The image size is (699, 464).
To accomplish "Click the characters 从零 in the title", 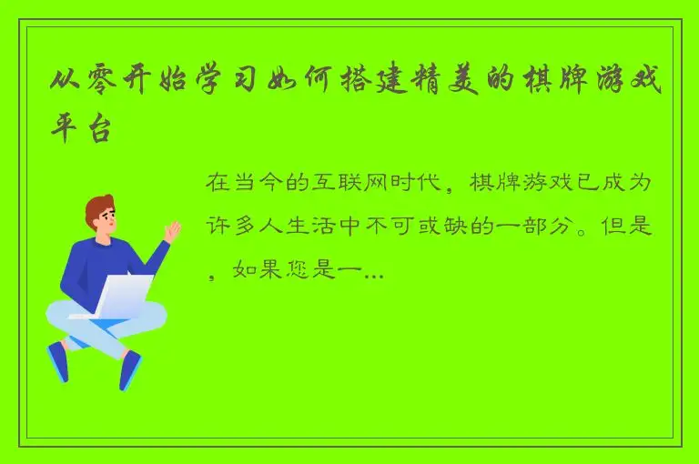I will point(80,87).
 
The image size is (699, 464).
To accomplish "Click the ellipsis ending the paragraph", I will point(374,273).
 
